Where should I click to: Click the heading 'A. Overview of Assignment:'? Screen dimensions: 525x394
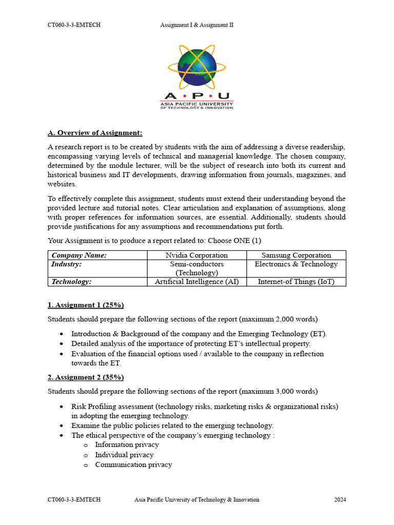click(95, 133)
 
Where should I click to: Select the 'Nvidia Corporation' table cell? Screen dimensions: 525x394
click(196, 255)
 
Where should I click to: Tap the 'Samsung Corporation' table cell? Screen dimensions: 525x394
click(296, 255)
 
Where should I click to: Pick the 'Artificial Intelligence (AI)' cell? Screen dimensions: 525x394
click(196, 281)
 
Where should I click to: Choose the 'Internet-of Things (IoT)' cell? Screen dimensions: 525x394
click(296, 281)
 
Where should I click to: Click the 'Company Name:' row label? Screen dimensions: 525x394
click(79, 255)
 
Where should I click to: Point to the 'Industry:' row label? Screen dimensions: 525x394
click(66, 264)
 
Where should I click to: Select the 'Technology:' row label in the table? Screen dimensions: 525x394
click(71, 281)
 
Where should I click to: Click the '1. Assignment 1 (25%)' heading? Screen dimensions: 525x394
click(86, 305)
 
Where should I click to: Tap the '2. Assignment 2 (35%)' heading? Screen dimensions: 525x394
click(86, 377)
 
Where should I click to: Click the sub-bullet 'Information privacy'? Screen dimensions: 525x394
click(127, 445)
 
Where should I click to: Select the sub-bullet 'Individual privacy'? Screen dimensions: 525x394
click(124, 455)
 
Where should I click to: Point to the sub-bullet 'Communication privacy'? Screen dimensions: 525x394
click(133, 465)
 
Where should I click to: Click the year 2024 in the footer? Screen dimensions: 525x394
click(340, 499)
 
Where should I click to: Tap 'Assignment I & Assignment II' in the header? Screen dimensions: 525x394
click(196, 25)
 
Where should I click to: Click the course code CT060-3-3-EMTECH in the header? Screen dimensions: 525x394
click(74, 25)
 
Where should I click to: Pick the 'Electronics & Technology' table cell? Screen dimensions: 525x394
click(296, 264)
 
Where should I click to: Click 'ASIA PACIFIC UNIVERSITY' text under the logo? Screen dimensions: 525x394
click(196, 103)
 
